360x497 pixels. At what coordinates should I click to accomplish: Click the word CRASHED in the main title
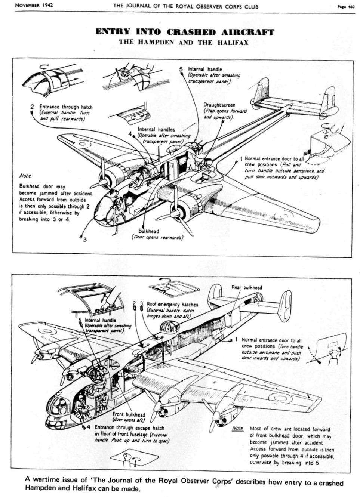(191, 32)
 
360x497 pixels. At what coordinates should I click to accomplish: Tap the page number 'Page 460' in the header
(345, 6)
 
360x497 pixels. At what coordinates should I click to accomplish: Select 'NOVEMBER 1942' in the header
(34, 6)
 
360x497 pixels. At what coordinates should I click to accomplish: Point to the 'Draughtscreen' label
(219, 105)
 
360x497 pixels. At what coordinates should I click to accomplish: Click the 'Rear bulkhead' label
(246, 287)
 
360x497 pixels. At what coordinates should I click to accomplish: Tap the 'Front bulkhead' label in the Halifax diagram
(129, 414)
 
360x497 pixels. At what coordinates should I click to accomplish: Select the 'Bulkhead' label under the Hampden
(148, 231)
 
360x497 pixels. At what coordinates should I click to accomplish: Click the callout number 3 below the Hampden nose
(84, 239)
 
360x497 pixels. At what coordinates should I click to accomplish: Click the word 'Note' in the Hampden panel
(25, 176)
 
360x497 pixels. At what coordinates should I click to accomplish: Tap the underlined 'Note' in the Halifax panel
(237, 428)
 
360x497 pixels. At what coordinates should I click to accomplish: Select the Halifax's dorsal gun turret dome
(167, 329)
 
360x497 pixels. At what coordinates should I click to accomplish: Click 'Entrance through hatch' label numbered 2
(66, 107)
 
